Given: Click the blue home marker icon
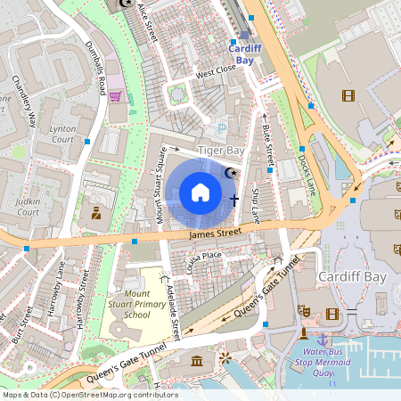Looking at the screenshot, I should [200, 192].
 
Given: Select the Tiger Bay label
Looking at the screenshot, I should [220, 151].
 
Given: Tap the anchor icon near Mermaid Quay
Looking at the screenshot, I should [322, 339].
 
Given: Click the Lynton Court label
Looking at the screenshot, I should [61, 134].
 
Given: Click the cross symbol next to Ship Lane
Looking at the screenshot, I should [234, 200].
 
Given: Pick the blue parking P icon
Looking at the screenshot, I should [222, 128].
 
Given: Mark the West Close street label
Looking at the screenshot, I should [216, 68].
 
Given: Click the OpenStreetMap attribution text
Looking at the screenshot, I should [89, 395].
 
